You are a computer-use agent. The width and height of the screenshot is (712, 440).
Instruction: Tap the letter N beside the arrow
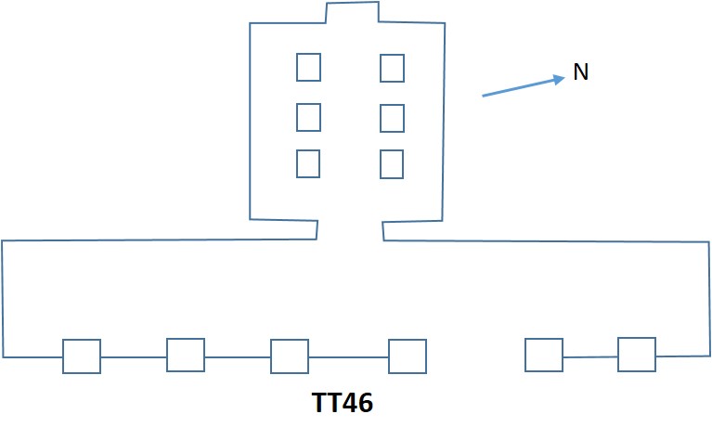pyautogui.click(x=581, y=72)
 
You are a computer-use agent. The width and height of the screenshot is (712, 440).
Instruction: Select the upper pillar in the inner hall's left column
pyautogui.click(x=309, y=67)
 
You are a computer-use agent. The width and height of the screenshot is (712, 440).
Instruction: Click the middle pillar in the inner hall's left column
pyautogui.click(x=309, y=117)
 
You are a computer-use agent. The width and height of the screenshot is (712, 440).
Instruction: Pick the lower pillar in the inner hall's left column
pyautogui.click(x=308, y=163)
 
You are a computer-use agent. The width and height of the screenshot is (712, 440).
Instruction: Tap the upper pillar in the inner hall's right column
pyautogui.click(x=392, y=68)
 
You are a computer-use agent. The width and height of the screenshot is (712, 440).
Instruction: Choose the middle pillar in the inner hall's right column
pyautogui.click(x=392, y=118)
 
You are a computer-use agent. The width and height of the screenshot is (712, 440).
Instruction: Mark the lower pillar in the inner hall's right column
pyautogui.click(x=392, y=164)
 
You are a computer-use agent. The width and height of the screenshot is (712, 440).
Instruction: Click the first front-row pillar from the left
pyautogui.click(x=82, y=356)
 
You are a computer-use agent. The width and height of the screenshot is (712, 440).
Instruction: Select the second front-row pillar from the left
pyautogui.click(x=186, y=355)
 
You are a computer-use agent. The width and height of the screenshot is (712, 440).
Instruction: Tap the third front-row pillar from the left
pyautogui.click(x=290, y=356)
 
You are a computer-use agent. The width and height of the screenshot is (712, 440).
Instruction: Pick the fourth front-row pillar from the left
pyautogui.click(x=408, y=356)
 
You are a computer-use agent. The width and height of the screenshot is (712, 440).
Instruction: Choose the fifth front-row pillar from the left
pyautogui.click(x=544, y=356)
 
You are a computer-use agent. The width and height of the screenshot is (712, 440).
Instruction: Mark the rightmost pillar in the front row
pyautogui.click(x=637, y=355)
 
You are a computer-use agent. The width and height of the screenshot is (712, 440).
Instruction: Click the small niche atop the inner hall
pyautogui.click(x=352, y=14)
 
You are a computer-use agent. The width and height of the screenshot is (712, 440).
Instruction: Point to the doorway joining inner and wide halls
pyautogui.click(x=351, y=230)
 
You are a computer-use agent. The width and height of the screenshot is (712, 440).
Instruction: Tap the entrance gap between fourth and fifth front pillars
pyautogui.click(x=475, y=356)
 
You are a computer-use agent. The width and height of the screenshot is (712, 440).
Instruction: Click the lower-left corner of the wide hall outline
pyautogui.click(x=4, y=356)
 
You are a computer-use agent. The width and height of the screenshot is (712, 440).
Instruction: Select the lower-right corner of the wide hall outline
pyautogui.click(x=709, y=356)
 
